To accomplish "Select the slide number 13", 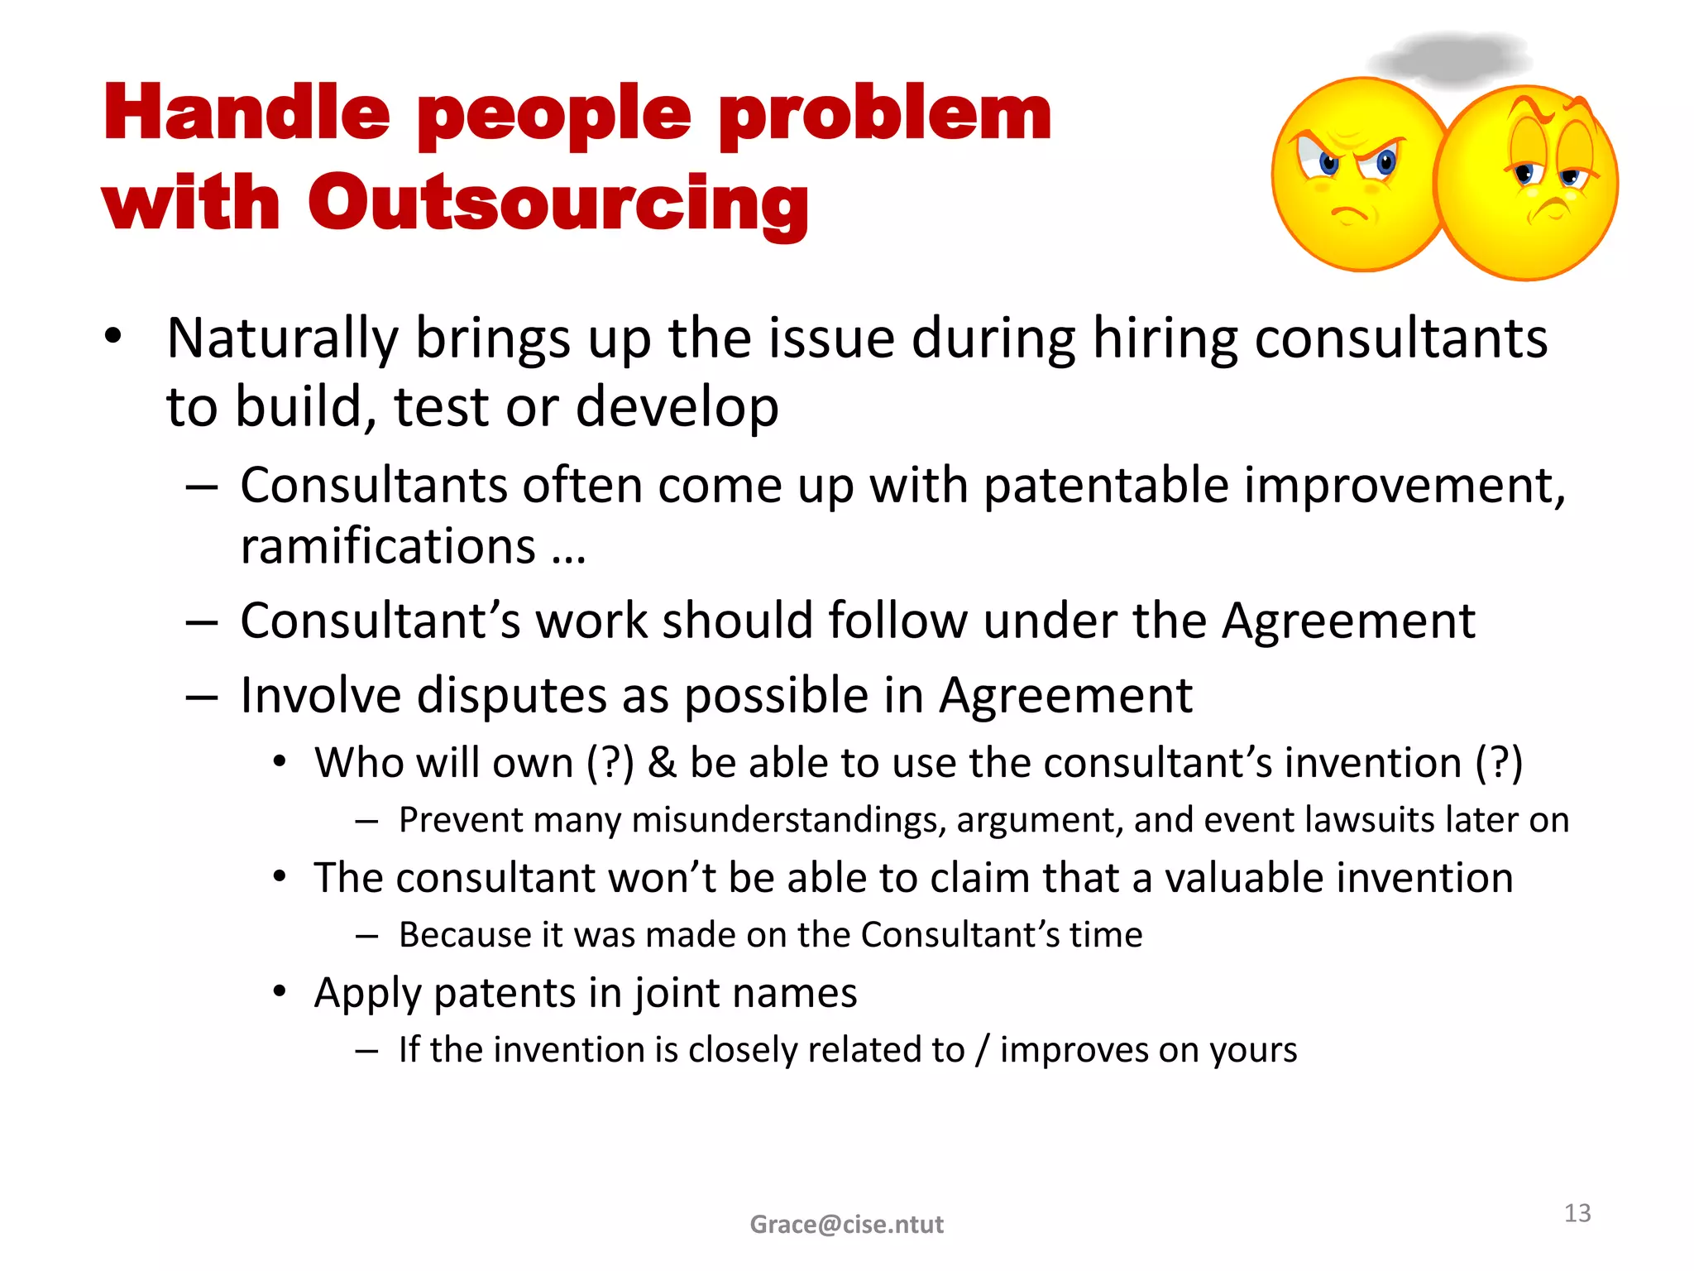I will tap(1577, 1213).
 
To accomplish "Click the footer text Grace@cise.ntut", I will tap(846, 1224).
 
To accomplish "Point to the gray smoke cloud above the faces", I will tap(1449, 59).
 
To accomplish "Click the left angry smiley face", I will tap(1357, 175).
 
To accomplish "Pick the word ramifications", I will tap(388, 547).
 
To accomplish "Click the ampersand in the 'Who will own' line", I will tap(662, 763).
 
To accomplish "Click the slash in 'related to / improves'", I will tap(982, 1050).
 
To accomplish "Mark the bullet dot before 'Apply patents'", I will tap(281, 990).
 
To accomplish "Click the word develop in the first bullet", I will tap(677, 407).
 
